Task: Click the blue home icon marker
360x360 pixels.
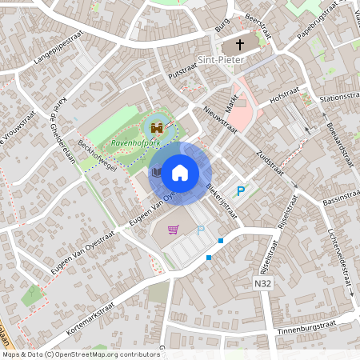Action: point(180,172)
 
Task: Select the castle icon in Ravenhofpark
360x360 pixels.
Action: point(157,127)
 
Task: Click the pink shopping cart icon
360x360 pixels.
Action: point(173,230)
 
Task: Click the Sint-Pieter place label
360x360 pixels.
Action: point(220,58)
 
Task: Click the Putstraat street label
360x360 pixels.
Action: point(183,72)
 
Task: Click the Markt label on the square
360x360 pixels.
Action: point(233,100)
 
